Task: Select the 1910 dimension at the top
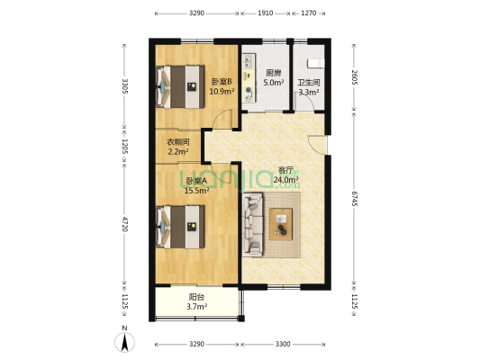tap(266, 13)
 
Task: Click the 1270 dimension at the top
tap(308, 13)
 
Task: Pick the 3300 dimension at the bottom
tap(283, 344)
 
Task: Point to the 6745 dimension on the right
tap(355, 197)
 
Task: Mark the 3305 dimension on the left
tap(126, 87)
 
